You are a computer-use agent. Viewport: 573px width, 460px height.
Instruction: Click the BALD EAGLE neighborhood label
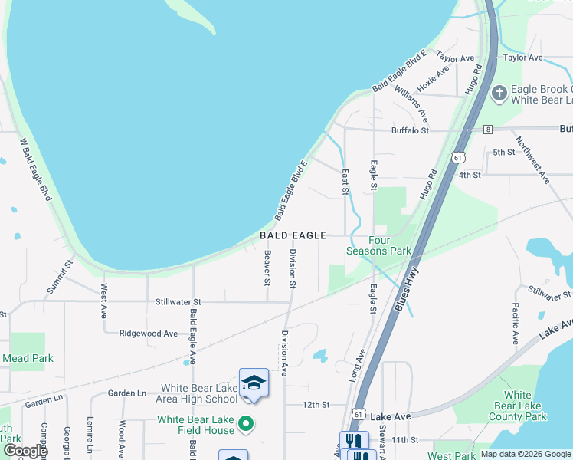293,235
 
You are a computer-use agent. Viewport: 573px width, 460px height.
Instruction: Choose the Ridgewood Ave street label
149,333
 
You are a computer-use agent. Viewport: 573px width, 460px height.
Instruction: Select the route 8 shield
488,130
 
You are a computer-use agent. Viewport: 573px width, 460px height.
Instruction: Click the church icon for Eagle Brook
499,94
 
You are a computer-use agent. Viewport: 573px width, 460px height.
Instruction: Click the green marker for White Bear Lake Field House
246,423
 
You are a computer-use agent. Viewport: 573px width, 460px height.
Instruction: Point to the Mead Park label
28,358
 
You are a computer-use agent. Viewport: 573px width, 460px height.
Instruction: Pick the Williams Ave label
411,103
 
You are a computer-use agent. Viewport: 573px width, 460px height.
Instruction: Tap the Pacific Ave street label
515,323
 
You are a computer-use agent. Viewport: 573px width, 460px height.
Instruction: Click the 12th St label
315,404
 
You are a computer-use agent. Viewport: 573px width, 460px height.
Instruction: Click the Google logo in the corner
25,451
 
